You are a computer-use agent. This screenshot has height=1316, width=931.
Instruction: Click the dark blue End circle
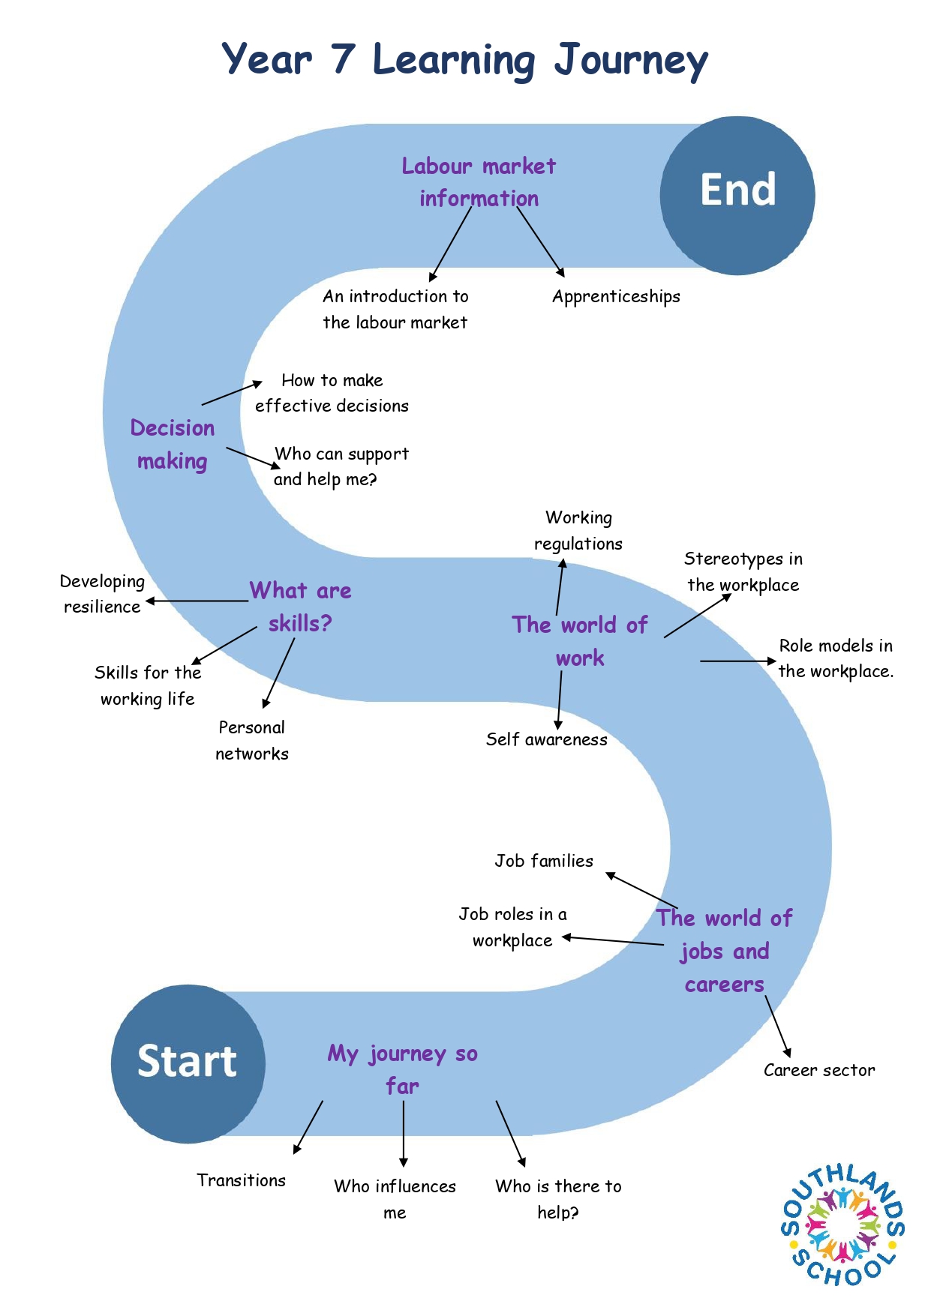(x=737, y=195)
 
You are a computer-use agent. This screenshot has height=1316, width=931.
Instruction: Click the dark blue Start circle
(x=188, y=1063)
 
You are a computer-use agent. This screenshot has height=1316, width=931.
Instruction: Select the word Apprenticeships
(x=616, y=297)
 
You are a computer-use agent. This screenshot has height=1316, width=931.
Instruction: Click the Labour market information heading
(x=479, y=182)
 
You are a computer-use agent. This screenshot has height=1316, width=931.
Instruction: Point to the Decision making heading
(x=173, y=445)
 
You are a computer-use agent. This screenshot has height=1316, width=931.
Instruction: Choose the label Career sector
(x=819, y=1070)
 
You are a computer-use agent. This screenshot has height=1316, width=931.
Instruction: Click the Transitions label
(x=241, y=1180)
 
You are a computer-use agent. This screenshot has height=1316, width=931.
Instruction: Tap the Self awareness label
(x=546, y=739)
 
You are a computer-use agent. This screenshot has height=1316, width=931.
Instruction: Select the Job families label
(x=543, y=861)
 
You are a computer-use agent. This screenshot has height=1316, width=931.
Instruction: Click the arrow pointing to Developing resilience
(x=197, y=601)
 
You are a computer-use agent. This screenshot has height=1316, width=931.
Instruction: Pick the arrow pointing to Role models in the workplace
(x=738, y=661)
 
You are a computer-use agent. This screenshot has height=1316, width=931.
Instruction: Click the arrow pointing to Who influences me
(x=404, y=1133)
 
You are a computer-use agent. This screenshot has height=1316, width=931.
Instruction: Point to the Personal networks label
(x=252, y=741)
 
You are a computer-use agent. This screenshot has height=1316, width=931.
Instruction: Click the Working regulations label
(x=578, y=531)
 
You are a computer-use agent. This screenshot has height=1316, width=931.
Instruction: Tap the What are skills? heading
(x=300, y=607)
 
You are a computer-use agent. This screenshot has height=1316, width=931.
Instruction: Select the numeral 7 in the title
(x=343, y=58)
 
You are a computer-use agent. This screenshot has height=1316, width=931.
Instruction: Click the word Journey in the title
(x=631, y=61)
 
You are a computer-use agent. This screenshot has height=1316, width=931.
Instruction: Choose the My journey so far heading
(x=403, y=1070)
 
